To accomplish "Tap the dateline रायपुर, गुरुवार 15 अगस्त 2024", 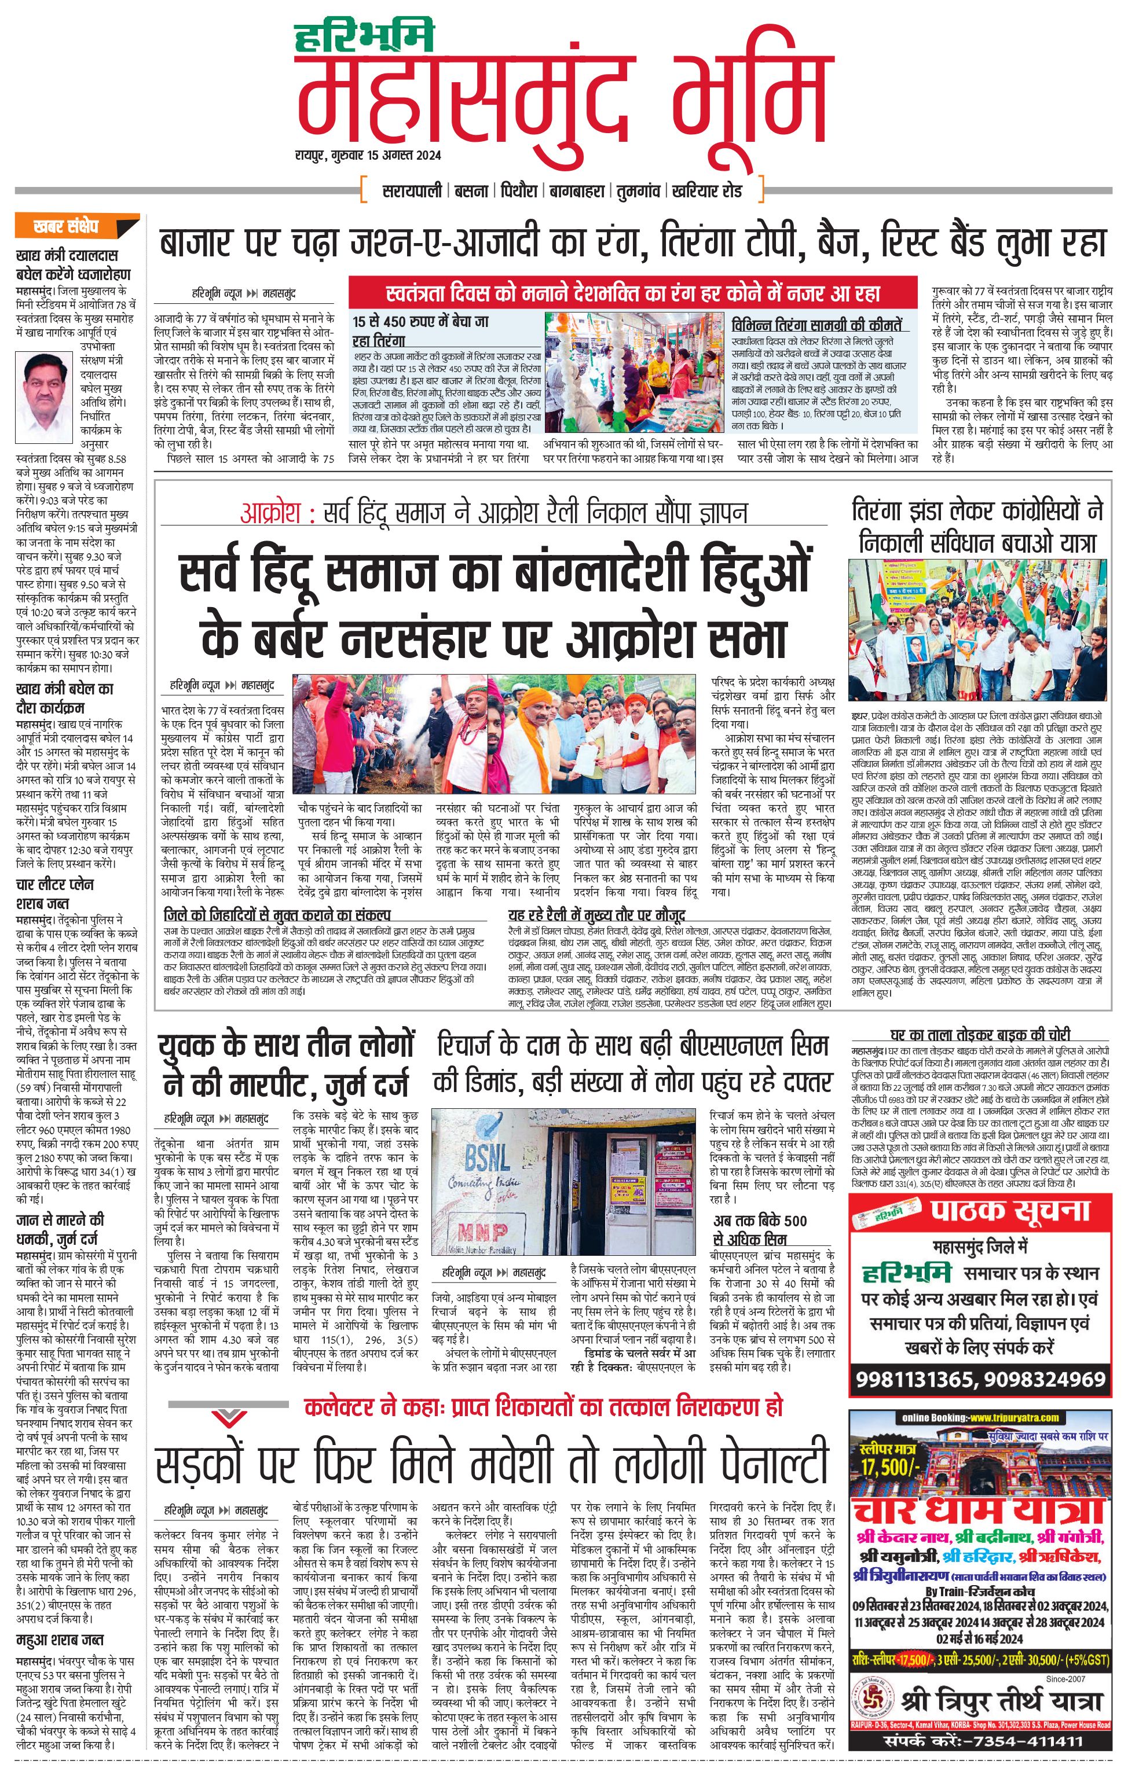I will point(367,155).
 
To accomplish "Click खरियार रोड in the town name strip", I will point(706,191).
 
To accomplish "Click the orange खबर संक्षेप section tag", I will point(65,226).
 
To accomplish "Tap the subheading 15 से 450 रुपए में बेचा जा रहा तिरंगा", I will point(420,331).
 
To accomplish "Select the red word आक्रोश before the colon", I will point(269,513).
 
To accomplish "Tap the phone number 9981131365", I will point(914,1380).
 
